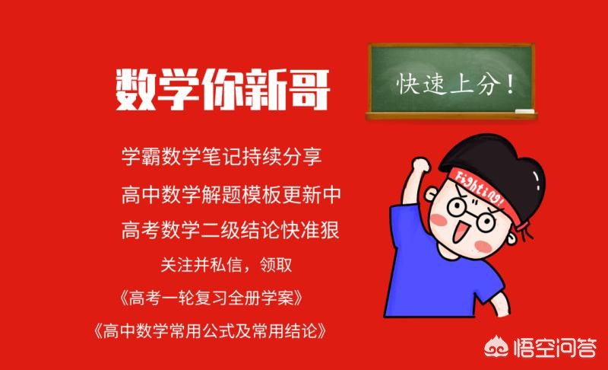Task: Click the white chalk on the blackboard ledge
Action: click(524, 113)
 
